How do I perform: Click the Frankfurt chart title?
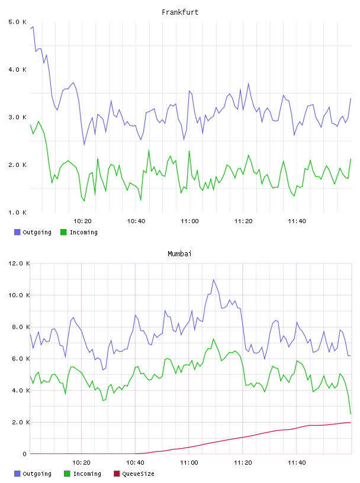click(x=180, y=12)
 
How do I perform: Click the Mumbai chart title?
click(x=179, y=253)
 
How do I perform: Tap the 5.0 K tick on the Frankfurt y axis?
click(x=18, y=22)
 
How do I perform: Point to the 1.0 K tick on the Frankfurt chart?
click(x=18, y=212)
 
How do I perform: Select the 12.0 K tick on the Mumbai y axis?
click(x=19, y=263)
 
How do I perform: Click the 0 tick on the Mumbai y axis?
click(x=24, y=454)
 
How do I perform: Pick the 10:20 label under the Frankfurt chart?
click(x=82, y=221)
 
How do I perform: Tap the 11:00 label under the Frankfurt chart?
click(x=189, y=221)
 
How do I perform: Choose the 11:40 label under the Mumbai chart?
click(x=297, y=462)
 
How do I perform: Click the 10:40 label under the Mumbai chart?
click(x=136, y=462)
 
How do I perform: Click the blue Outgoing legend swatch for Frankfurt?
click(x=17, y=232)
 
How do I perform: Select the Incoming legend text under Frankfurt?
click(x=83, y=232)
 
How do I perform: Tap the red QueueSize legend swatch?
click(x=117, y=474)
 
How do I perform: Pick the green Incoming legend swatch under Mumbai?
click(x=67, y=474)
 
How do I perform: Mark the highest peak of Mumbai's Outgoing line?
click(x=213, y=279)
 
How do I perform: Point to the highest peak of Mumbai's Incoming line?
click(x=213, y=339)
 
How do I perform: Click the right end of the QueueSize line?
click(x=351, y=422)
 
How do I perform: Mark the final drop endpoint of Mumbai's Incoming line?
click(x=351, y=414)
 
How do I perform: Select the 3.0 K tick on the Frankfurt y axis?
click(x=18, y=117)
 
